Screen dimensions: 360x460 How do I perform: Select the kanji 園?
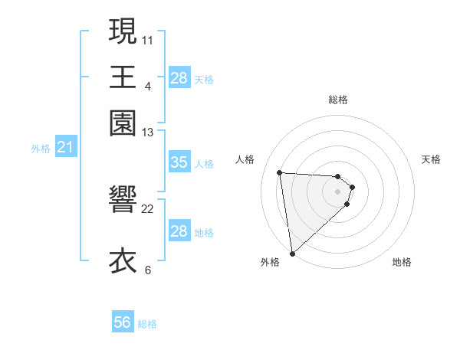(123, 123)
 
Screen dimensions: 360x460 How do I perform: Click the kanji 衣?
(123, 261)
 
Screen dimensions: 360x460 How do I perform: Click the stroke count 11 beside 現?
(148, 39)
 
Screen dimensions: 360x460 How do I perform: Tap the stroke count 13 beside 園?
(148, 133)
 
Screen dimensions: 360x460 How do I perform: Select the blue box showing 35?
(179, 162)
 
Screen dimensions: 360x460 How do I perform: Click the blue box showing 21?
(64, 147)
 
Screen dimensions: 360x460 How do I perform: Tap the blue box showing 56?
(123, 322)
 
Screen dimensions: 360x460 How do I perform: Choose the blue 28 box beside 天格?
(179, 78)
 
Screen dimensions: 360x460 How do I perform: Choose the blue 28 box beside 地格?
(179, 231)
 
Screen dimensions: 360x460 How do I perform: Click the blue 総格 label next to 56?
(147, 324)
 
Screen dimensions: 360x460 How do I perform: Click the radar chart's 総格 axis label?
(337, 100)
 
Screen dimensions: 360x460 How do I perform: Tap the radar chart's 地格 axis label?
(402, 262)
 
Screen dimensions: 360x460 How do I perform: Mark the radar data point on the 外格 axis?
(292, 254)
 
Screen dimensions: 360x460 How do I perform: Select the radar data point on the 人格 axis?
(280, 172)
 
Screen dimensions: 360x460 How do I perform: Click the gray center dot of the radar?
(337, 191)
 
